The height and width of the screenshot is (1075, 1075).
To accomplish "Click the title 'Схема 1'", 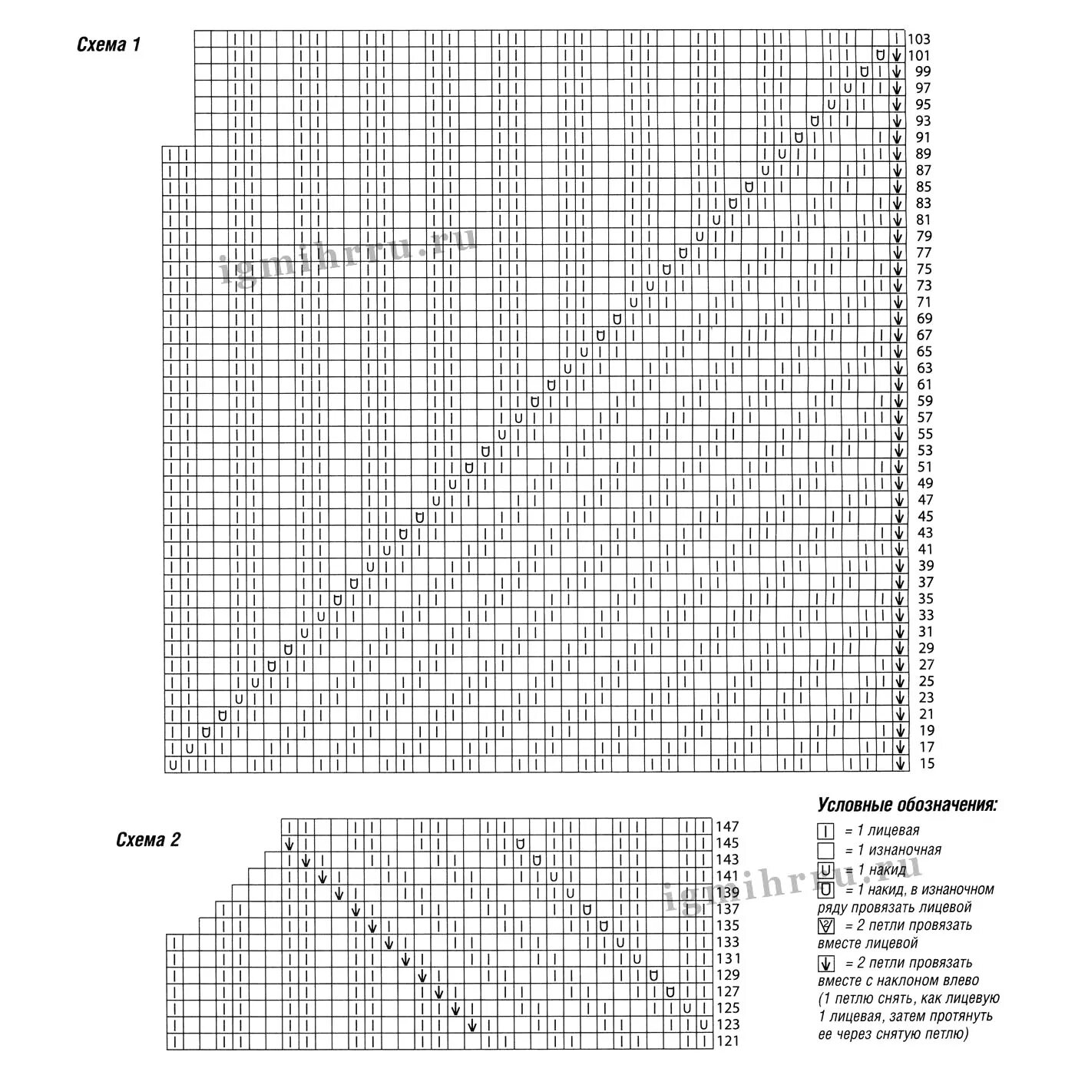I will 109,45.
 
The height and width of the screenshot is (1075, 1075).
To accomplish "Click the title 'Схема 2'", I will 148,839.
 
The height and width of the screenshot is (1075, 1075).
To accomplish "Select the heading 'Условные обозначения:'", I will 908,805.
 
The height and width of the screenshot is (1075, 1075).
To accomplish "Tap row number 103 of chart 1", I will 918,39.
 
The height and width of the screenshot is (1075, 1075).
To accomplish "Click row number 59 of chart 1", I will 924,401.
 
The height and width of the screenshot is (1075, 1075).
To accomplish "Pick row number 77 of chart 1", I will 924,253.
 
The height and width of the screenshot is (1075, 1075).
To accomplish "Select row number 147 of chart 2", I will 727,827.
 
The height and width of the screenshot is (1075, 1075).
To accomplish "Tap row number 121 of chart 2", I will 727,1041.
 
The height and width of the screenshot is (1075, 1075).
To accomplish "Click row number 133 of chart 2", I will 727,942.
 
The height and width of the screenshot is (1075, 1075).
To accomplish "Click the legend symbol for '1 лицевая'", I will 826,831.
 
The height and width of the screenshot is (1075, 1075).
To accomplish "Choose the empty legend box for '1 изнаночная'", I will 826,851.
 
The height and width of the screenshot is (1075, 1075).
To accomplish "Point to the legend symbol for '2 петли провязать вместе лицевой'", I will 826,926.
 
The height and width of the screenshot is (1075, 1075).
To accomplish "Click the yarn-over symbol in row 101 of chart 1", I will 881,55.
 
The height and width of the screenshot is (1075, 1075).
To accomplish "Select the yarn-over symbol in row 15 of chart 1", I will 173,764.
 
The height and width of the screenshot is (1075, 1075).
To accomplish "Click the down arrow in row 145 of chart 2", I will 289,844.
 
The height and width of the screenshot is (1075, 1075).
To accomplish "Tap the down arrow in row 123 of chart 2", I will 471,1025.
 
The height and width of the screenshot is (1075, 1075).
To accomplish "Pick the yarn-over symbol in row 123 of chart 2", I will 703,1025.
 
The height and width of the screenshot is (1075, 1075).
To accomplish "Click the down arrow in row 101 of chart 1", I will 897,55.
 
